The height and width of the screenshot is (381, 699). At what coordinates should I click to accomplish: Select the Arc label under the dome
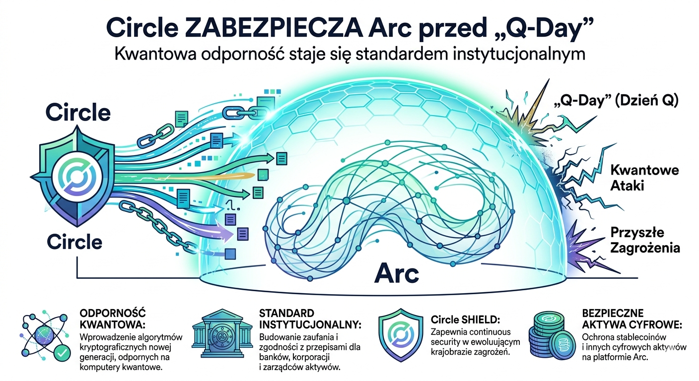coord(396,274)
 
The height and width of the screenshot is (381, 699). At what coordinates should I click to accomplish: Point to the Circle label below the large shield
coord(74,242)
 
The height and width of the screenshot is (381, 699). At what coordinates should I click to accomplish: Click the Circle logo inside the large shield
coord(77,176)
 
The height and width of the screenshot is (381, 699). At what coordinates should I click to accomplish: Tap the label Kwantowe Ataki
coord(645,178)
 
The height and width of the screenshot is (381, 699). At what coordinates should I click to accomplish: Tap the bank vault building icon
coord(222,333)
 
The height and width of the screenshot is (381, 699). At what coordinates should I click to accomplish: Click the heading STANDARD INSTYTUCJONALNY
coord(310,319)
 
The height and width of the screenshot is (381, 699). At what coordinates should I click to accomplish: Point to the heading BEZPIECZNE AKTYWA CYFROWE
coord(632,319)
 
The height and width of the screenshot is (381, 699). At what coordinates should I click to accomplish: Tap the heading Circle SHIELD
coord(466,320)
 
